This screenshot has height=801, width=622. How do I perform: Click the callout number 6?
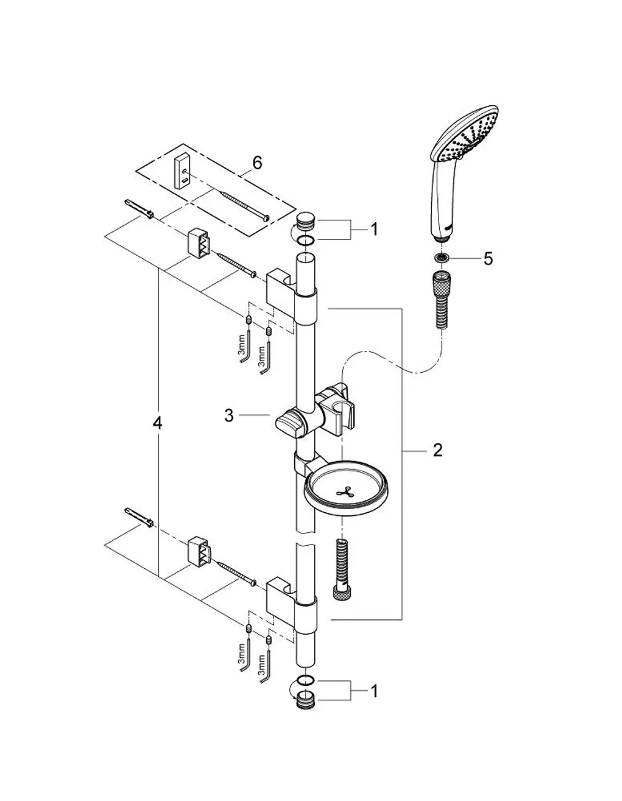(257, 162)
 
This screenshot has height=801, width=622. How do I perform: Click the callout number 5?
(488, 258)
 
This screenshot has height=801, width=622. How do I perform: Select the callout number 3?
(229, 416)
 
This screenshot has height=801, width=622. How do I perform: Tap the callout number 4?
(157, 424)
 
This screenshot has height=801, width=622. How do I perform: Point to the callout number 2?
(438, 450)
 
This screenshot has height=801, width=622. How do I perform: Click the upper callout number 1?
(374, 230)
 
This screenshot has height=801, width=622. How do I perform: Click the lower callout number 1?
(374, 691)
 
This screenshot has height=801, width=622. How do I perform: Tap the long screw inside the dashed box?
(244, 205)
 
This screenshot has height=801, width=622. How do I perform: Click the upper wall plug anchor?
(139, 209)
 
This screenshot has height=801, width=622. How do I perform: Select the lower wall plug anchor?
(139, 518)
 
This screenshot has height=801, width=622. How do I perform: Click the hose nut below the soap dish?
(342, 594)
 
